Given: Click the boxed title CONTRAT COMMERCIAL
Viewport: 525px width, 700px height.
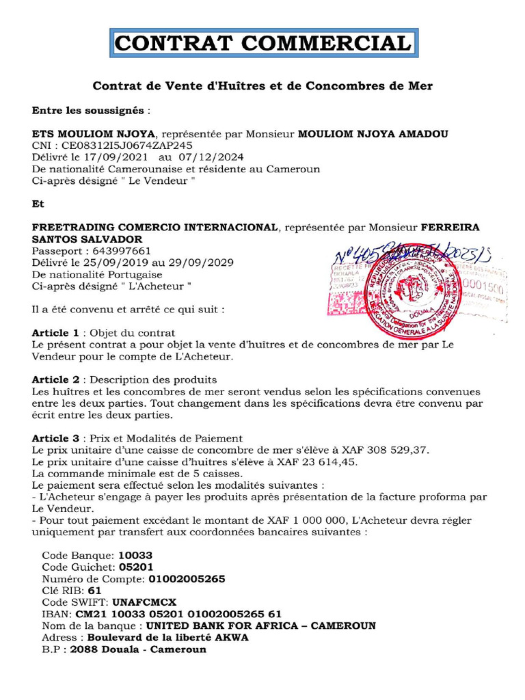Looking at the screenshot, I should pos(263,43).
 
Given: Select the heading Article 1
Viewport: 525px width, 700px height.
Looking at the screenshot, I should pos(56,333).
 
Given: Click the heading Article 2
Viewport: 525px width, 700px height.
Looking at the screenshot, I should pos(56,379).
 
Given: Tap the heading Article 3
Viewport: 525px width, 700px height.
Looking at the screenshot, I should pos(56,438).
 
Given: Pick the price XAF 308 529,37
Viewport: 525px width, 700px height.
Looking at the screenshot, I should pos(379,450).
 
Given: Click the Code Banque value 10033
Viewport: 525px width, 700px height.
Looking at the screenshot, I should pos(135,555).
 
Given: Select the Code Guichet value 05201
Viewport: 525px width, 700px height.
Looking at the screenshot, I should pos(136,567).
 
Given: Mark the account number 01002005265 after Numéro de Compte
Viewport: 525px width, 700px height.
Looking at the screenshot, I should pos(186,579).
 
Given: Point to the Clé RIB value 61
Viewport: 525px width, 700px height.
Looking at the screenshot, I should pos(94,591).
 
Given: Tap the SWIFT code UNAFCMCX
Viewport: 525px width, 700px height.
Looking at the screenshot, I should pos(144,602).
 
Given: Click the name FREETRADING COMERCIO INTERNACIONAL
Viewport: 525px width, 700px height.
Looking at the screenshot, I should pos(155,227).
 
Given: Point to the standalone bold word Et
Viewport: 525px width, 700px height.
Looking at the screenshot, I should pos(38,204).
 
